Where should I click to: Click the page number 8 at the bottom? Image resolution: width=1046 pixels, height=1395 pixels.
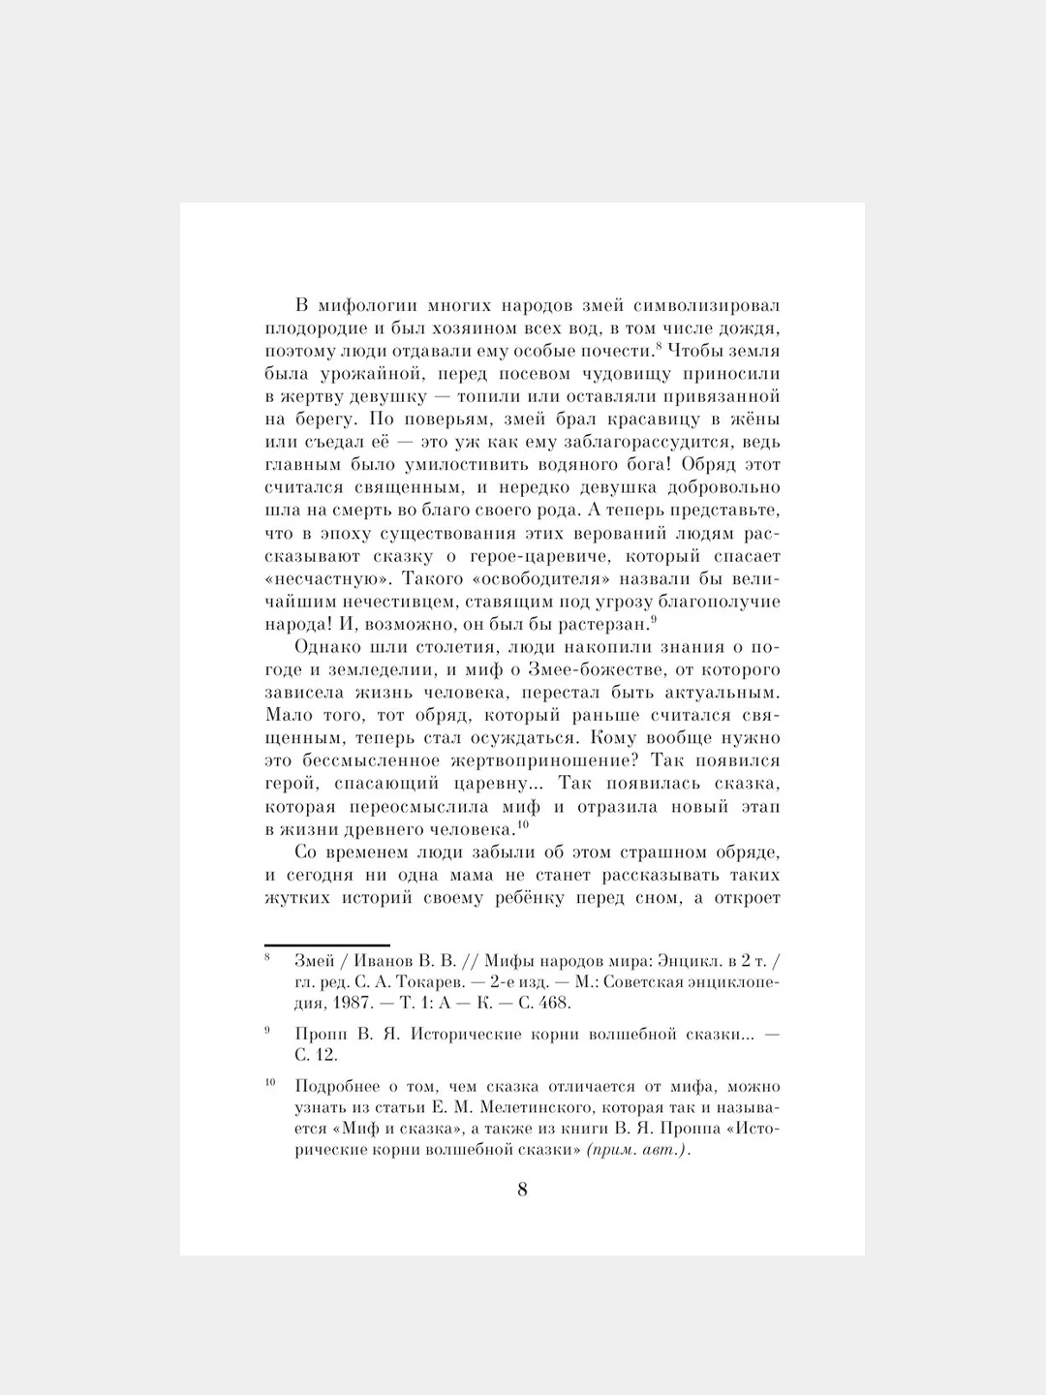(522, 1191)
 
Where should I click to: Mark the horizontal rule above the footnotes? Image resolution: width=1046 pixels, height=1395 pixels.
(327, 945)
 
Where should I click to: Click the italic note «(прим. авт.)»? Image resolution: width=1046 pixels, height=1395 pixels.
(637, 1151)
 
